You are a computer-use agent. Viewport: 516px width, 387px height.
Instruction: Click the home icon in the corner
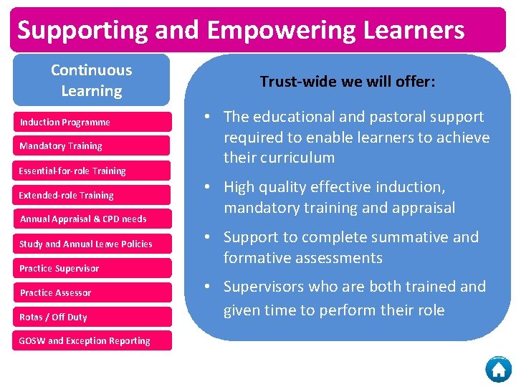click(x=498, y=369)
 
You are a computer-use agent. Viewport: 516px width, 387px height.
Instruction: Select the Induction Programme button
click(x=92, y=122)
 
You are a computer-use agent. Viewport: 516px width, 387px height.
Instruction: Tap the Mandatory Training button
click(x=92, y=146)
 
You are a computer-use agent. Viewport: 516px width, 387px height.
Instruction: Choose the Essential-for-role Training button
click(x=92, y=171)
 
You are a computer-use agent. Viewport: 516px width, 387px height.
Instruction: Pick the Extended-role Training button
click(x=92, y=195)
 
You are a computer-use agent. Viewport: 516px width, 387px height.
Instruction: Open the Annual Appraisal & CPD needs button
click(x=92, y=219)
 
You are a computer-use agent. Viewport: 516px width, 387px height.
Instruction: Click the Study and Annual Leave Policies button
click(x=92, y=244)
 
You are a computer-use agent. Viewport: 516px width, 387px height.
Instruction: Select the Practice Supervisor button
click(x=92, y=268)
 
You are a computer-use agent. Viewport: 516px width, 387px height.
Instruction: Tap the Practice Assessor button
click(x=92, y=292)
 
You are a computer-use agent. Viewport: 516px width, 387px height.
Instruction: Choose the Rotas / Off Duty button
click(x=92, y=317)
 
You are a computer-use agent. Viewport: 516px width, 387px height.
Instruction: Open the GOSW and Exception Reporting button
click(x=92, y=341)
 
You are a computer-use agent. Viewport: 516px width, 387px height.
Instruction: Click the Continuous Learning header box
click(x=92, y=80)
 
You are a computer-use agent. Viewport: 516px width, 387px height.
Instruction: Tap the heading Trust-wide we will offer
click(x=348, y=82)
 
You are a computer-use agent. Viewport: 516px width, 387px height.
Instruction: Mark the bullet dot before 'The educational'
click(x=206, y=117)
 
